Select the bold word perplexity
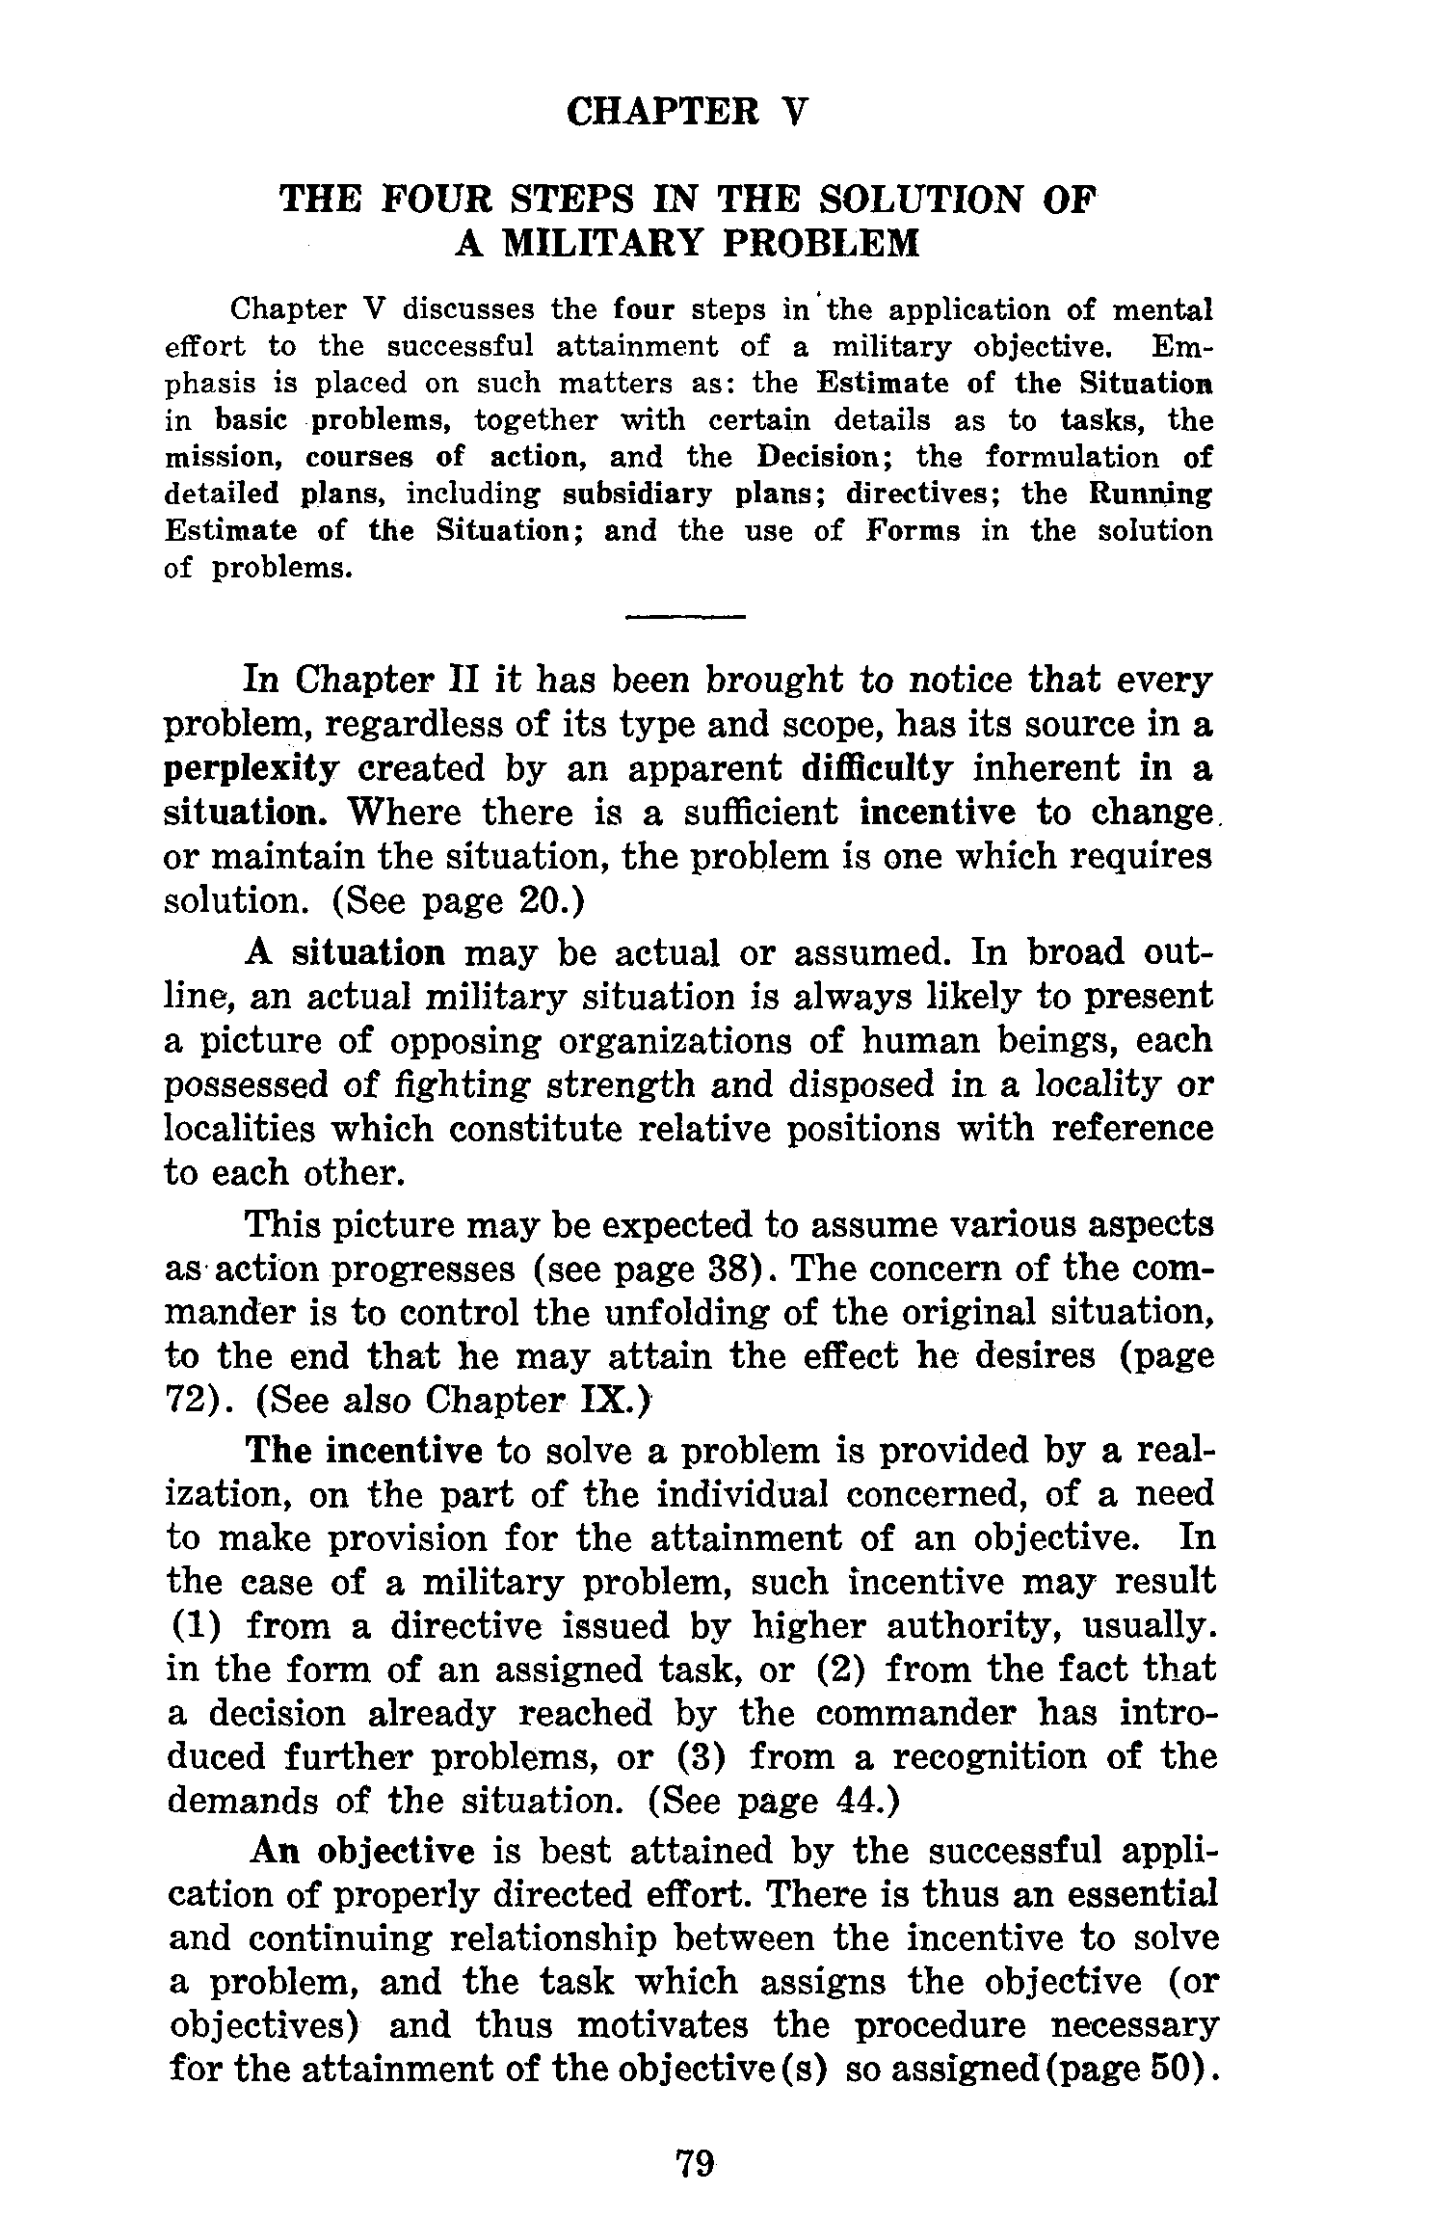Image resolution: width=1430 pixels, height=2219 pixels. (252, 769)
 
